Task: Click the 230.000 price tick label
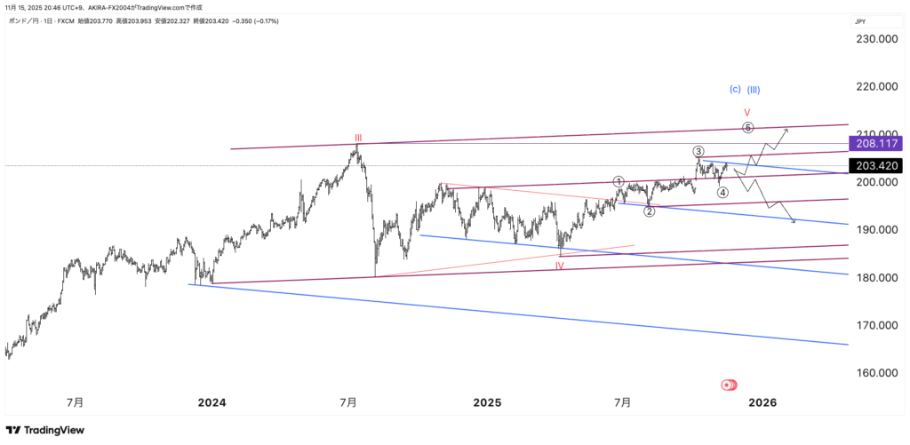click(x=875, y=39)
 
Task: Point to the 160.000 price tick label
click(x=875, y=373)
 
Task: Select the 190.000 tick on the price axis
click(x=875, y=230)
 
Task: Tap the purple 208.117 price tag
click(x=875, y=143)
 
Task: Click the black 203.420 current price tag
click(x=875, y=166)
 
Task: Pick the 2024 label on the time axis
click(x=212, y=402)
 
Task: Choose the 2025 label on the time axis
click(x=488, y=402)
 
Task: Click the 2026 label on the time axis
click(x=762, y=402)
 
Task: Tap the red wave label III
click(x=358, y=138)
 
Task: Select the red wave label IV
click(x=560, y=265)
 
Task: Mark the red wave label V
click(x=747, y=113)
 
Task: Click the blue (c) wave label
click(x=735, y=89)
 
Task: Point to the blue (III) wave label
click(x=754, y=89)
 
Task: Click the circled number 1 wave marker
click(x=619, y=181)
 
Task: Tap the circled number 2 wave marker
click(x=650, y=211)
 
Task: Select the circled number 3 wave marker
click(x=699, y=151)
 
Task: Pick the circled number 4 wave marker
click(x=723, y=192)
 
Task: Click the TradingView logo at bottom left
click(x=46, y=430)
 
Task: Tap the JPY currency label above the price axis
click(x=860, y=21)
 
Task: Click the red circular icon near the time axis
click(x=729, y=385)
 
